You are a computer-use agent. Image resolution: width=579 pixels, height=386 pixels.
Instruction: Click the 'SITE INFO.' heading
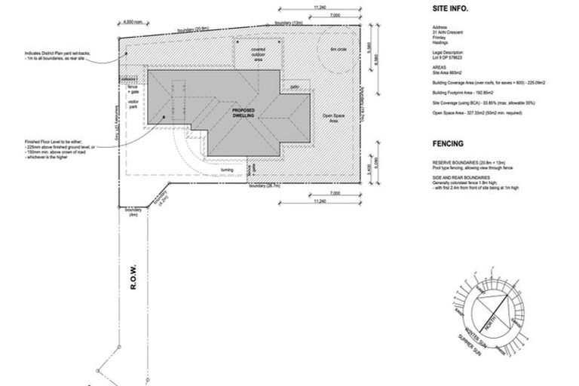click(450, 10)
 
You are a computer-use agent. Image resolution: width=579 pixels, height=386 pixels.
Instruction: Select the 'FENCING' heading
click(448, 142)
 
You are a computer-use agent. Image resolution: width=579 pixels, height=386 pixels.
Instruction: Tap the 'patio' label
click(295, 87)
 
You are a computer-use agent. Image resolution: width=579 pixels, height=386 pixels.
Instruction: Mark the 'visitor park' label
click(133, 104)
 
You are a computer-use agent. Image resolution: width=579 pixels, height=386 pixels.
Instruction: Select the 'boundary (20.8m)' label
click(194, 29)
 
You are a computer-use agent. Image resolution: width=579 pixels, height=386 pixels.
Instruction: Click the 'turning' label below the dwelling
click(226, 170)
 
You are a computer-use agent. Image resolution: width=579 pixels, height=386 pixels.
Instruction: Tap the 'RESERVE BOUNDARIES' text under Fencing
click(453, 162)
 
